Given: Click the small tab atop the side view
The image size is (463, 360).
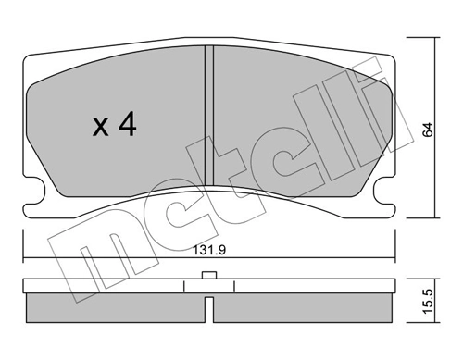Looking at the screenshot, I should click(x=209, y=275).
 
